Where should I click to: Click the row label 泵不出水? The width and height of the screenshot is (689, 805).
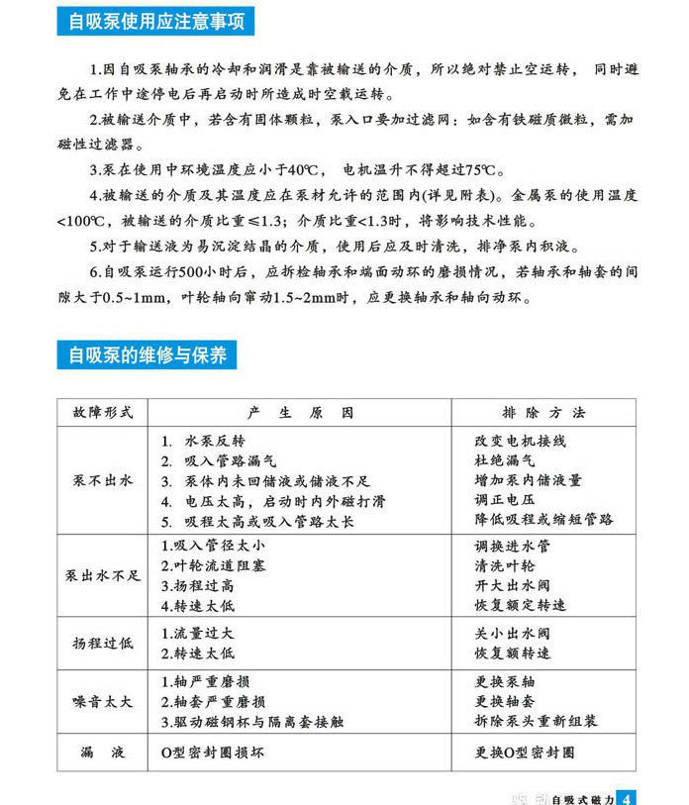(102, 480)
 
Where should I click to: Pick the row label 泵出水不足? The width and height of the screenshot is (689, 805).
(103, 575)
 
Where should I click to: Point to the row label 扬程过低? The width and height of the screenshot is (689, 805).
(102, 644)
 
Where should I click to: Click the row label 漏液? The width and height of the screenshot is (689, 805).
(102, 753)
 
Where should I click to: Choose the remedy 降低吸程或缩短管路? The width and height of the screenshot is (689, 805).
(543, 519)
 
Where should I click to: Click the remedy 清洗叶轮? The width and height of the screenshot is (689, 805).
(505, 566)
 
